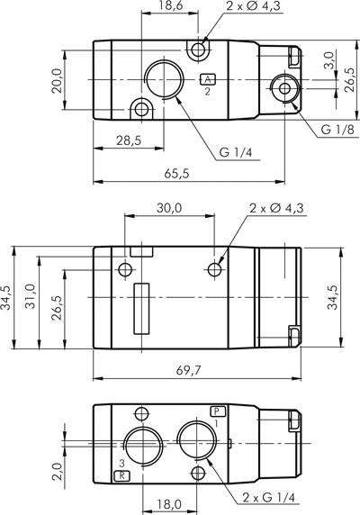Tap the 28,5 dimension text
point(129,141)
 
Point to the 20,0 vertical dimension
point(57,80)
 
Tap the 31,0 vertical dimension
point(30,298)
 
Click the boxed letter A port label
point(208,78)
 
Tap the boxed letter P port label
point(216,411)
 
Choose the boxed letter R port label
point(124,474)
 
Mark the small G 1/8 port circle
point(284,88)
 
